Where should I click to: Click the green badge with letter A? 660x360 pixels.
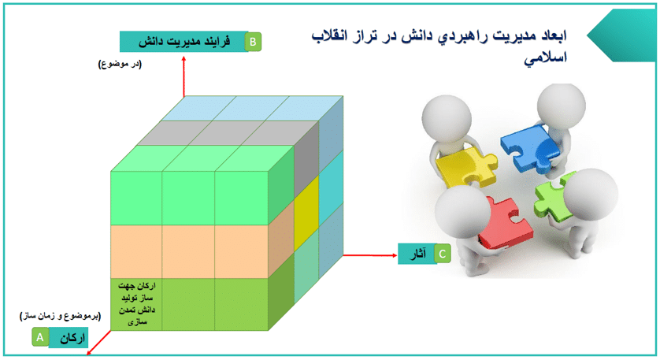[40, 337]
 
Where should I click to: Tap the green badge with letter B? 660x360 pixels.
[253, 42]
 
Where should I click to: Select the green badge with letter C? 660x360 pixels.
[443, 254]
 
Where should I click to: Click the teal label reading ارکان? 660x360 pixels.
[69, 338]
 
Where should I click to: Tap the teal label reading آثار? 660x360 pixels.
[417, 254]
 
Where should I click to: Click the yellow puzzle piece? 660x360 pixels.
[466, 167]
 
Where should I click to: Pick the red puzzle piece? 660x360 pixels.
[505, 223]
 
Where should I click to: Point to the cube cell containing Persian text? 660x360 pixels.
[136, 304]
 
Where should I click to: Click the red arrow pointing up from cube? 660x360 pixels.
[184, 76]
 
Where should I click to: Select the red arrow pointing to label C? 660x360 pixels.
[370, 255]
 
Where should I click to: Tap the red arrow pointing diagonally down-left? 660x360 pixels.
[99, 343]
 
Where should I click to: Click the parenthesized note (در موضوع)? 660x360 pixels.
[120, 65]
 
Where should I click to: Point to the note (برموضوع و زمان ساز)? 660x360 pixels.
[60, 316]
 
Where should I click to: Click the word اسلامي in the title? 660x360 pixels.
[545, 58]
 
